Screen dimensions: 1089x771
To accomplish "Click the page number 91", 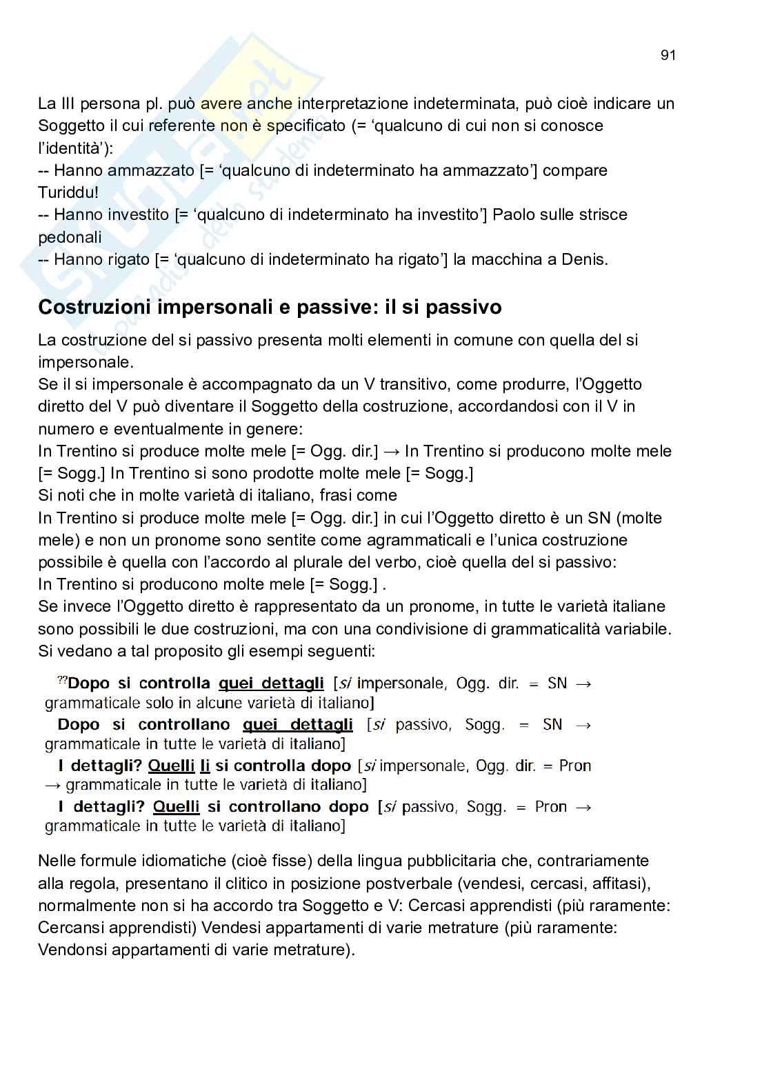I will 668,56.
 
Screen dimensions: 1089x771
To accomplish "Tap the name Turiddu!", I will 68,192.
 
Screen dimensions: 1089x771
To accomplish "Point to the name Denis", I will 585,259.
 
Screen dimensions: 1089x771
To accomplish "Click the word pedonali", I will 70,237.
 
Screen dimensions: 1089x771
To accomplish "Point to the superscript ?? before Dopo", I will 62,681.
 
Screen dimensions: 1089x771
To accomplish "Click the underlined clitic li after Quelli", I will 205,766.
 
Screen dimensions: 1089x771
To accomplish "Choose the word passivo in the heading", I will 463,307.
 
